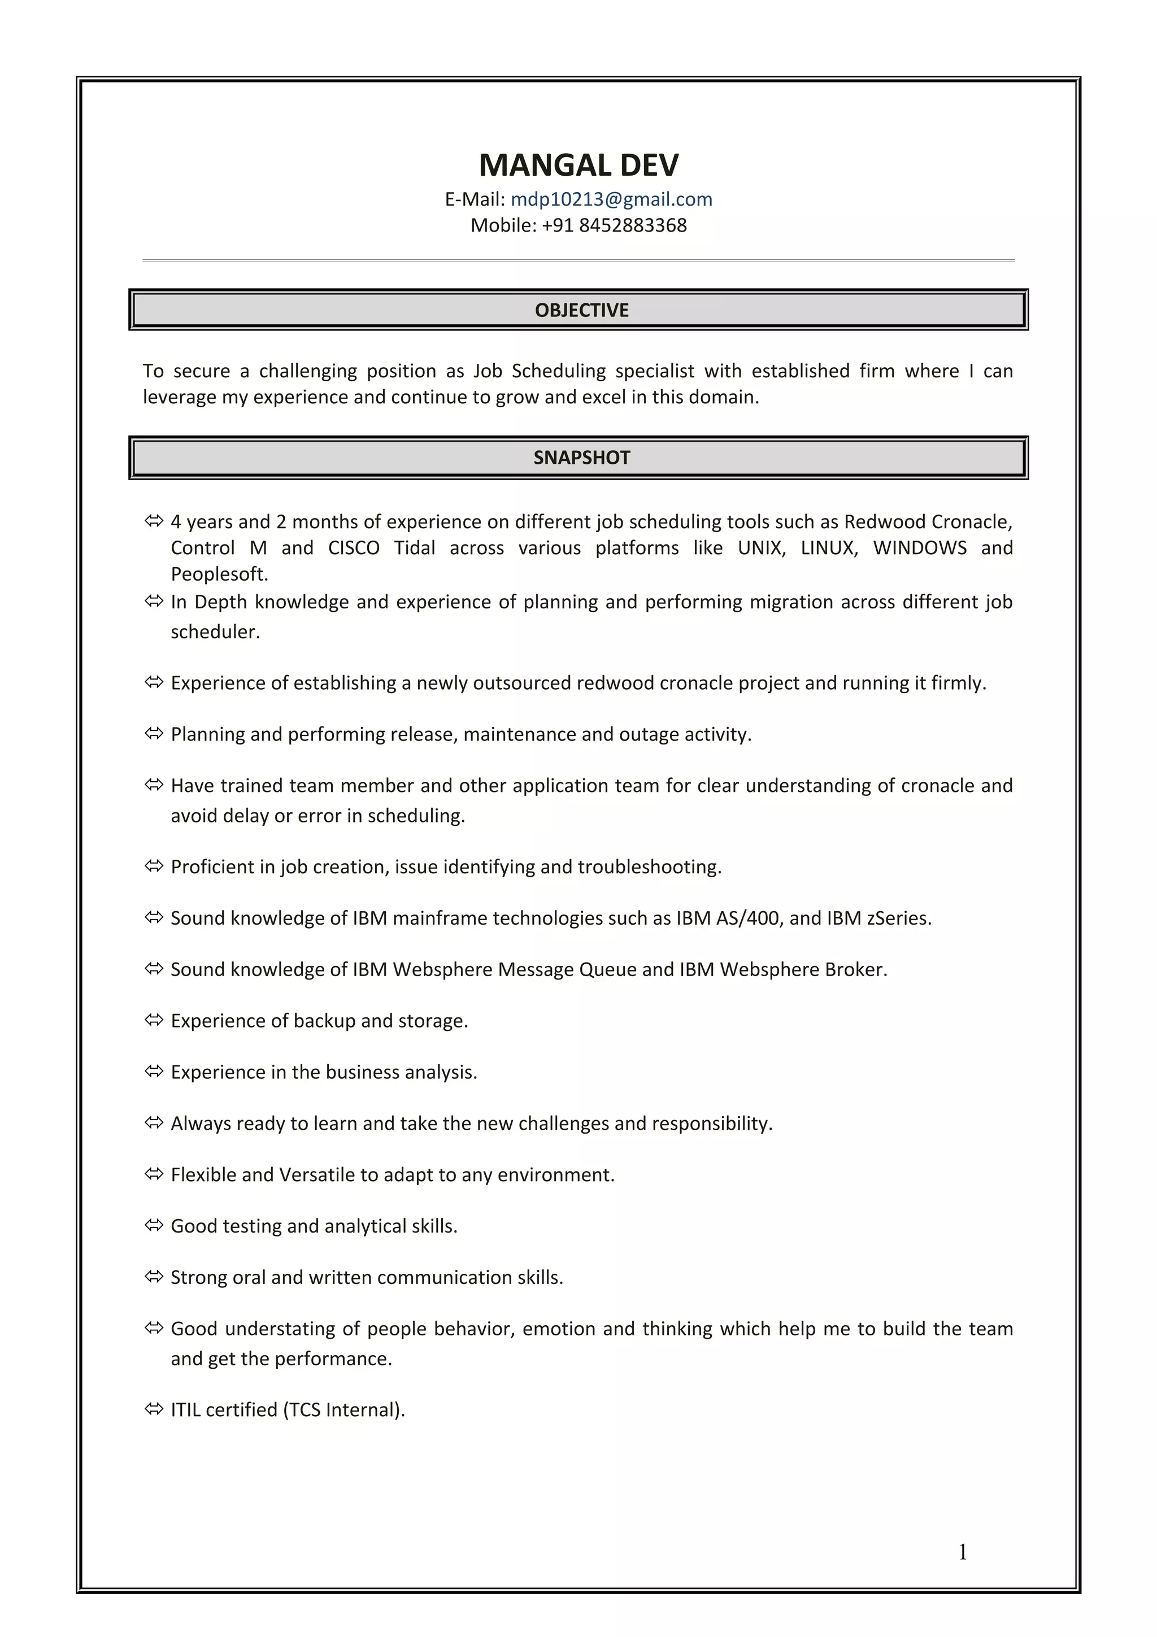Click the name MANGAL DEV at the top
(578, 165)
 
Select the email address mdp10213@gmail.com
(611, 199)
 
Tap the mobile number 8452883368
(632, 225)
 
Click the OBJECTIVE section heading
(581, 310)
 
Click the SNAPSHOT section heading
(581, 458)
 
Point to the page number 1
(963, 1552)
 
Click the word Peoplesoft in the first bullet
(218, 574)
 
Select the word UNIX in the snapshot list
(760, 547)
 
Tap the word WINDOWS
(920, 547)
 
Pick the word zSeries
(898, 918)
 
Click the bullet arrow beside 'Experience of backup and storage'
(154, 1020)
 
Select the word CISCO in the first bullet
(354, 547)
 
